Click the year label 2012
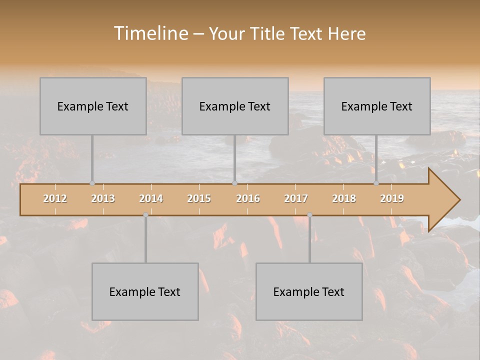pyautogui.click(x=55, y=198)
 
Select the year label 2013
pyautogui.click(x=103, y=198)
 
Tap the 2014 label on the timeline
pyautogui.click(x=151, y=198)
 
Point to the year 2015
pyautogui.click(x=199, y=198)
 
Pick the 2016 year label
pyautogui.click(x=248, y=198)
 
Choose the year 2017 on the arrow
pyautogui.click(x=296, y=198)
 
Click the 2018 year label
pyautogui.click(x=344, y=198)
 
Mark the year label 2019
pyautogui.click(x=392, y=198)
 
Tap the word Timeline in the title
pyautogui.click(x=150, y=33)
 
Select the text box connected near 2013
pyautogui.click(x=93, y=106)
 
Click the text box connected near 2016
pyautogui.click(x=235, y=106)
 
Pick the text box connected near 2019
pyautogui.click(x=377, y=106)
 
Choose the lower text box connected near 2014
pyautogui.click(x=145, y=291)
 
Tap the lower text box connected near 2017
pyautogui.click(x=309, y=291)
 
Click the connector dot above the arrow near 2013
pyautogui.click(x=92, y=183)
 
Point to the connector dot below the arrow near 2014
pyautogui.click(x=145, y=215)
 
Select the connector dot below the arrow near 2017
pyautogui.click(x=309, y=215)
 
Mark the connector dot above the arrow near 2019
pyautogui.click(x=376, y=183)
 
